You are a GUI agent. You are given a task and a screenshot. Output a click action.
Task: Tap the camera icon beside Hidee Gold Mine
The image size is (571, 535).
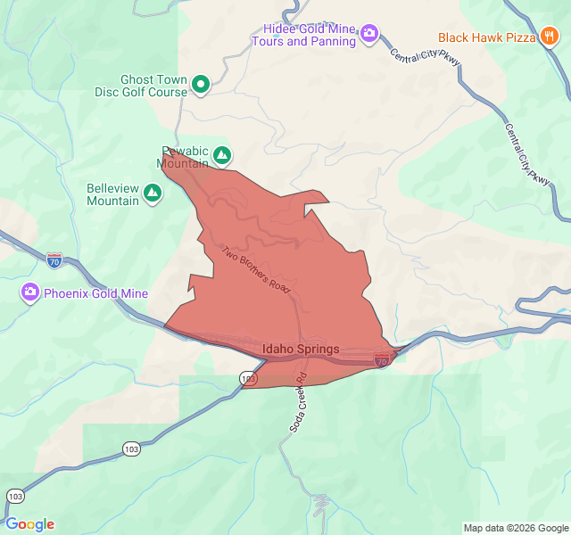[368, 35]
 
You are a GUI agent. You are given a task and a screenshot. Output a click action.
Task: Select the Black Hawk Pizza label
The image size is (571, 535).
[486, 37]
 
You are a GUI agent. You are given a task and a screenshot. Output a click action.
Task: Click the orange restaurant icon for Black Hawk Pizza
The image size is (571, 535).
[549, 37]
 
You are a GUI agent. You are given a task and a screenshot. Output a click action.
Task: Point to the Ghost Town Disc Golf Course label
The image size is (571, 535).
[141, 86]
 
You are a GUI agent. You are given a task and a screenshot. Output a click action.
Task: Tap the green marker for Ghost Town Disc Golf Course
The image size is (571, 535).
[201, 86]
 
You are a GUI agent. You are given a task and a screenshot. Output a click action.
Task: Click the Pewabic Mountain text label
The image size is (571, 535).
[183, 157]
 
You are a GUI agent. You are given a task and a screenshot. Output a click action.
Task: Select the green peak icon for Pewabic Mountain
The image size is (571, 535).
[221, 157]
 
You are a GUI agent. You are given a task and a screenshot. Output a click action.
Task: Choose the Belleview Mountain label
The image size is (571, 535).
[112, 194]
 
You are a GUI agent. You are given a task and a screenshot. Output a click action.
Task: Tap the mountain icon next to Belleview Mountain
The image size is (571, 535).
[153, 192]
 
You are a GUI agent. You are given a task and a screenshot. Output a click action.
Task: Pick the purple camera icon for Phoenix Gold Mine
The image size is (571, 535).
[30, 292]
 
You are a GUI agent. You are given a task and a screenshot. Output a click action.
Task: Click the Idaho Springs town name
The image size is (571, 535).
[301, 349]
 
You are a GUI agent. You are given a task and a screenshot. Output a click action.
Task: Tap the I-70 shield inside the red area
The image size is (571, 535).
[382, 361]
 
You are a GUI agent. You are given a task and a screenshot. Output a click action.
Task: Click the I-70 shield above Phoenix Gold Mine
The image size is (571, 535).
[54, 261]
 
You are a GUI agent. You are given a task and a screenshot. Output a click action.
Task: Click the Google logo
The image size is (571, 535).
[29, 524]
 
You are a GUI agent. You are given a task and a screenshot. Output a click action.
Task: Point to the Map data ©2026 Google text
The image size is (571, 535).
[515, 527]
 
